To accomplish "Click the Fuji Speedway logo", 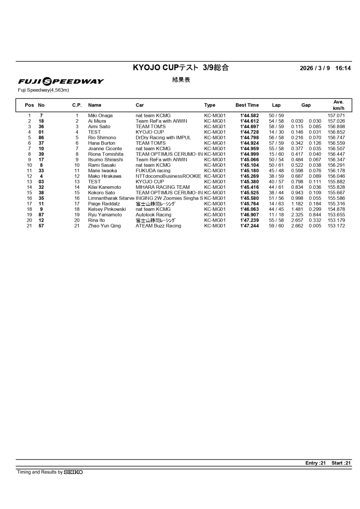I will pos(61,81).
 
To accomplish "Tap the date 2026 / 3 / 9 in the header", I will pos(315,68).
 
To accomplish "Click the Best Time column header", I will pos(247,105).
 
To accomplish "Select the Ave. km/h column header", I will pos(338,105).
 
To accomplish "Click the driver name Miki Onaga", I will pos(100,116).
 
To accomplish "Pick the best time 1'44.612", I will pos(249,121).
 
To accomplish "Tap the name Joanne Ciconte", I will pos(105,148).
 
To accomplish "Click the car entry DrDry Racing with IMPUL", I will pos(163,138).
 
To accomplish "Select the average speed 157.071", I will pos(336,116).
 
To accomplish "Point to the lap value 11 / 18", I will pos(276,215).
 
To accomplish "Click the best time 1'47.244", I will pos(249,226).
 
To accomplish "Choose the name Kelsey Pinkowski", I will pos(107,210).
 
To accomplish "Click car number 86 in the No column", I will pos(41,138).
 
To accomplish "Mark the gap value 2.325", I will pos(297,215).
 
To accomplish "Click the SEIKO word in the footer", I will pos(73,472).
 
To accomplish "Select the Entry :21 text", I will pos(315,463).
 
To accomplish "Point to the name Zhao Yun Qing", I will pos(104,226).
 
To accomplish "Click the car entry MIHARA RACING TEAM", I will pos(162,187).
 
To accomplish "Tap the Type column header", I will pos(210,105).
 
